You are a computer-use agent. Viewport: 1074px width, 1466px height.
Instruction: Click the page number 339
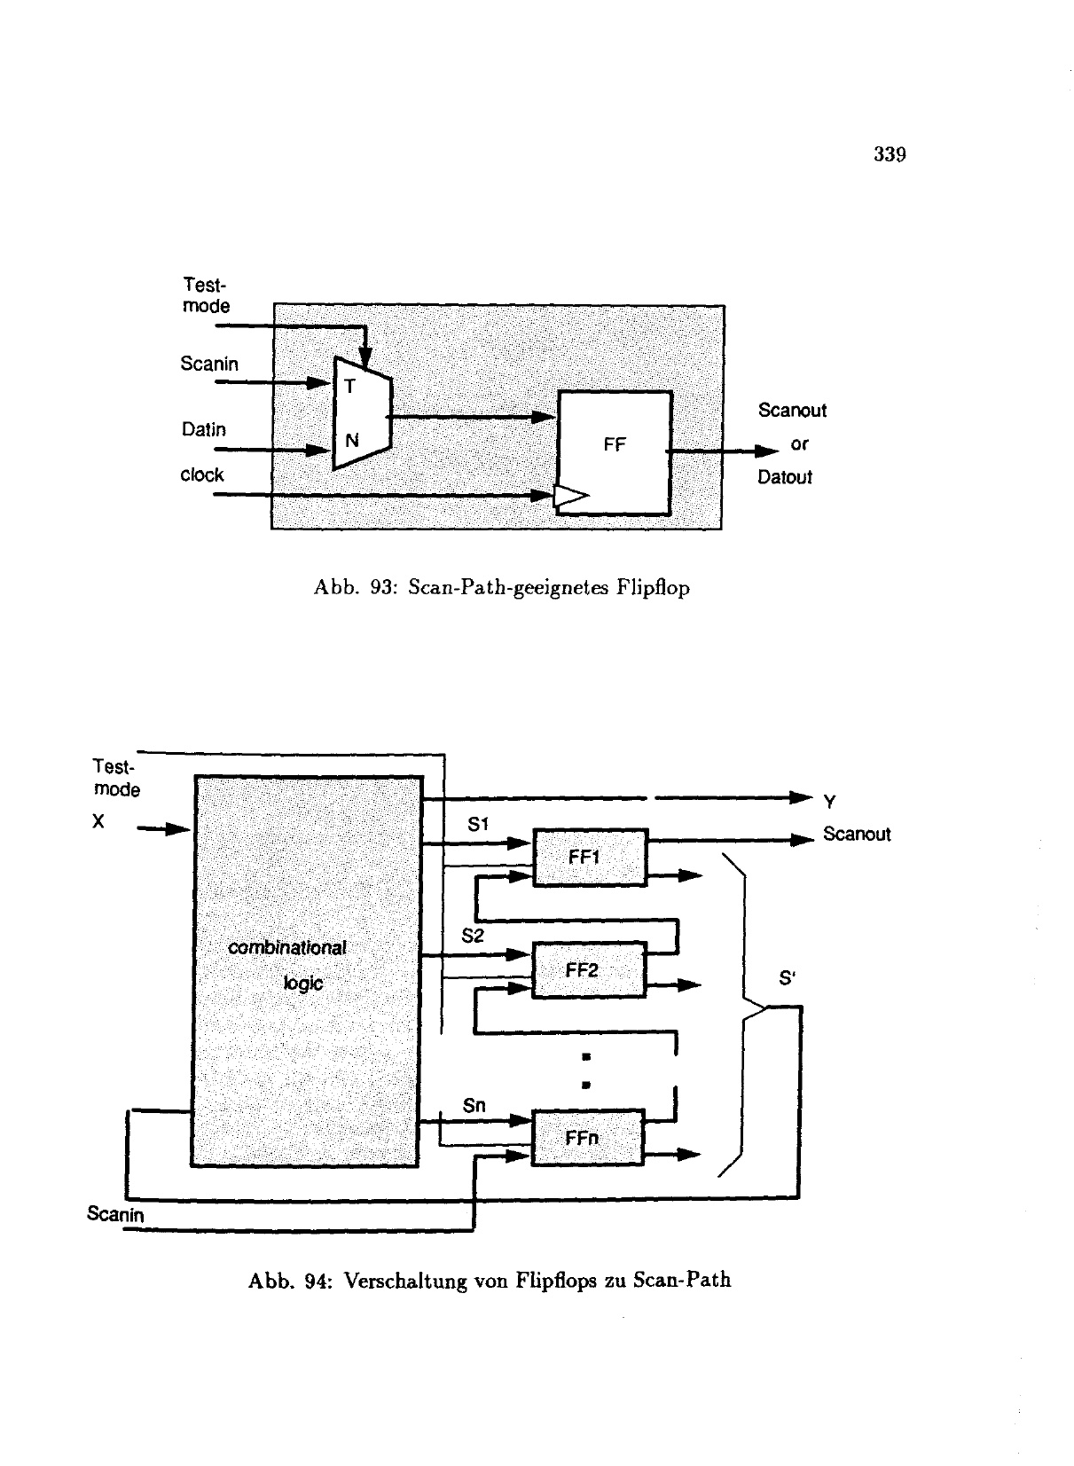[889, 155]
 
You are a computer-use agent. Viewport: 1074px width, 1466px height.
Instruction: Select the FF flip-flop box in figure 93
[614, 452]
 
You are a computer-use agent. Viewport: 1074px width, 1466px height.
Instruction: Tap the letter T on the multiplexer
[349, 386]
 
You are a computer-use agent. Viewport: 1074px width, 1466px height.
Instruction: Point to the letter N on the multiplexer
[351, 440]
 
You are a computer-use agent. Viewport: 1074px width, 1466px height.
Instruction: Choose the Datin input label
[203, 430]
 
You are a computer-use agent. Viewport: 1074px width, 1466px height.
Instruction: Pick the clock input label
[202, 475]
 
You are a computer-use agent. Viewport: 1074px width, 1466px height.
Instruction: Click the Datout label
[784, 478]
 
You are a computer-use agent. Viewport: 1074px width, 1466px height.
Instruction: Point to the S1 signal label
[478, 825]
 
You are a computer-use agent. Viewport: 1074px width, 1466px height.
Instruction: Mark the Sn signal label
[474, 1106]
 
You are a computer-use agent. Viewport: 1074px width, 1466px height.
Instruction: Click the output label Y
[829, 803]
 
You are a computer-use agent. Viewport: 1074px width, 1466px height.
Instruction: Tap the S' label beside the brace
[787, 978]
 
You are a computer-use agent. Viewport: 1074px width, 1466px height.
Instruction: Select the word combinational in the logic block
[287, 948]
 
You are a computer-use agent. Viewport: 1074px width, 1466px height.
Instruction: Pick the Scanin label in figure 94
[115, 1214]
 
